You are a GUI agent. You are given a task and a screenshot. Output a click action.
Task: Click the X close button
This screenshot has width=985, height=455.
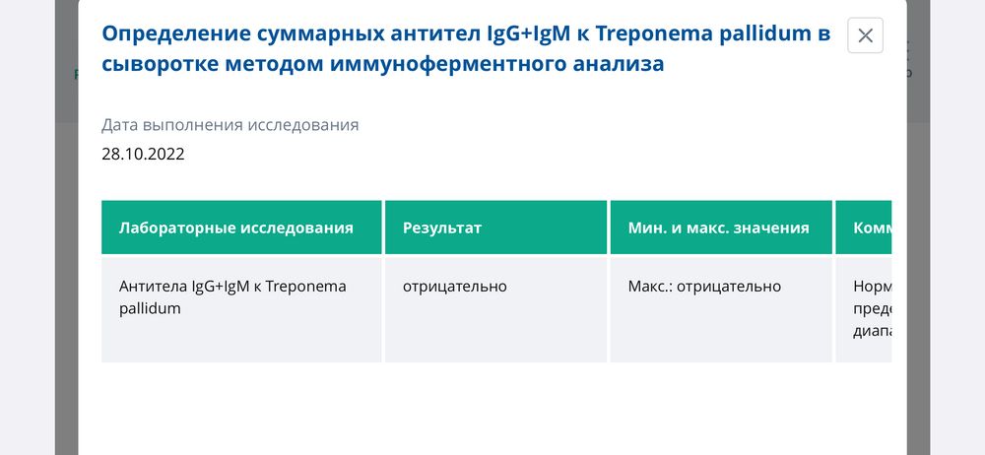click(865, 35)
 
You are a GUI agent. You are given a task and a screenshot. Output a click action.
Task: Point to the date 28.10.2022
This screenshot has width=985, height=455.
click(143, 154)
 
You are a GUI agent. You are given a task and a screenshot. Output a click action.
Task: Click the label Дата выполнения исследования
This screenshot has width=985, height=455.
click(230, 125)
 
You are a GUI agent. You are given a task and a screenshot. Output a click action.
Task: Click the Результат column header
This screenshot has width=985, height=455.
click(442, 227)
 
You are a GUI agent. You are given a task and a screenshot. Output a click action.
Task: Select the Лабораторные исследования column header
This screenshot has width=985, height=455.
click(235, 227)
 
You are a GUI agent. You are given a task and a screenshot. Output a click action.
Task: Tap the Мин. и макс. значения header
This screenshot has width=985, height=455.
click(718, 227)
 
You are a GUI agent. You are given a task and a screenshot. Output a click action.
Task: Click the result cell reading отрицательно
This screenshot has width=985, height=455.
click(454, 287)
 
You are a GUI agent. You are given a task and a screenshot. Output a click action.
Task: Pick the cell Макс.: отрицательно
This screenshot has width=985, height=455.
click(704, 287)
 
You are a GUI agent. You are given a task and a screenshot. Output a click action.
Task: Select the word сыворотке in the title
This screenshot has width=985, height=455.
click(154, 64)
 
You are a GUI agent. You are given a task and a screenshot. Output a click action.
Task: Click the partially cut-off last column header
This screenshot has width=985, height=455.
click(872, 227)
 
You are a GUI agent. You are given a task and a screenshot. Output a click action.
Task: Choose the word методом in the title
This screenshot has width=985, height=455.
click(257, 64)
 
